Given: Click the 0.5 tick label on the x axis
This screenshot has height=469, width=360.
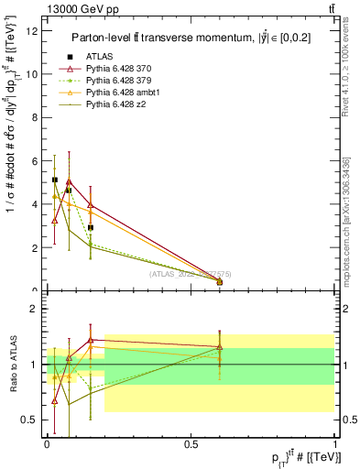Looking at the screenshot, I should tap(191, 444).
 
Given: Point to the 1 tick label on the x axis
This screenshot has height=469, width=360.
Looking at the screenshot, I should tap(334, 444).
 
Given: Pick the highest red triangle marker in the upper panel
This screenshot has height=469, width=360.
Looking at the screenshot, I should tap(69, 181).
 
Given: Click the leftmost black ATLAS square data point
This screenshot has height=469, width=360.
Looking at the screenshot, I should tap(55, 180).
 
